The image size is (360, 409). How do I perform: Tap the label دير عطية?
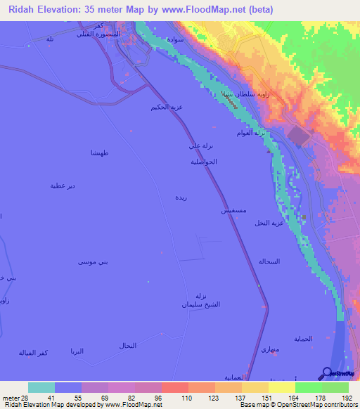(62, 186)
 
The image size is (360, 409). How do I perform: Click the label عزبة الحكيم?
(167, 107)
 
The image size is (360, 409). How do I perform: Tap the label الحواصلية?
(203, 161)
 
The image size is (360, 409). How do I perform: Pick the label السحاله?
(269, 261)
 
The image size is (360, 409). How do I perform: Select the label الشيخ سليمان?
(202, 305)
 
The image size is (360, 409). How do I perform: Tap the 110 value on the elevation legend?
(174, 397)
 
